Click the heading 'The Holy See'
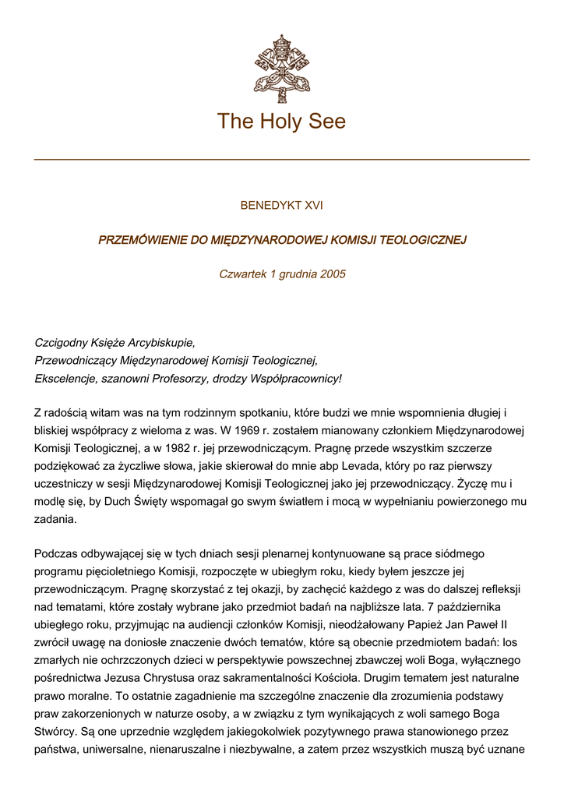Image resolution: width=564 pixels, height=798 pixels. [281, 122]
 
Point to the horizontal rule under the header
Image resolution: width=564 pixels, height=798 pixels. [281, 160]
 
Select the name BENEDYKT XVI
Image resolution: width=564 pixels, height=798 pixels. [281, 206]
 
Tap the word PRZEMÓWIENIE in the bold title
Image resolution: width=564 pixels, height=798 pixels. [142, 240]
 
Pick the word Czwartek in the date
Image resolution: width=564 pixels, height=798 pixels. [241, 274]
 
